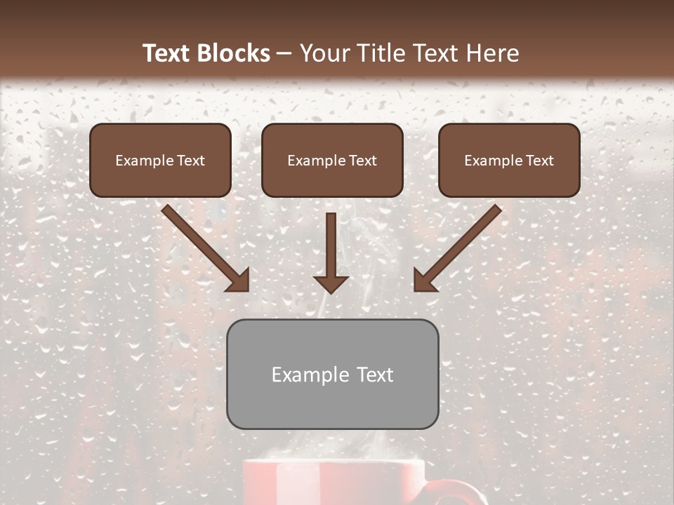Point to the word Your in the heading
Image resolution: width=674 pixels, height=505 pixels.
pyautogui.click(x=322, y=53)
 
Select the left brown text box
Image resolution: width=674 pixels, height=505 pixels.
pyautogui.click(x=160, y=160)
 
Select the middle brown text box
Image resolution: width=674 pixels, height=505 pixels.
pyautogui.click(x=332, y=160)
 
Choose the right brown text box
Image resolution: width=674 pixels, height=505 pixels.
pyautogui.click(x=509, y=160)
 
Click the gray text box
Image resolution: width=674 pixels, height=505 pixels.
pyautogui.click(x=332, y=374)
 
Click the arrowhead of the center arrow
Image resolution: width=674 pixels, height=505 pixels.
pyautogui.click(x=331, y=283)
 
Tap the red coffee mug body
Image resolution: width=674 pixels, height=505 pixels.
pyautogui.click(x=333, y=484)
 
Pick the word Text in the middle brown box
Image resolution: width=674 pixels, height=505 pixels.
pyautogui.click(x=362, y=161)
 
